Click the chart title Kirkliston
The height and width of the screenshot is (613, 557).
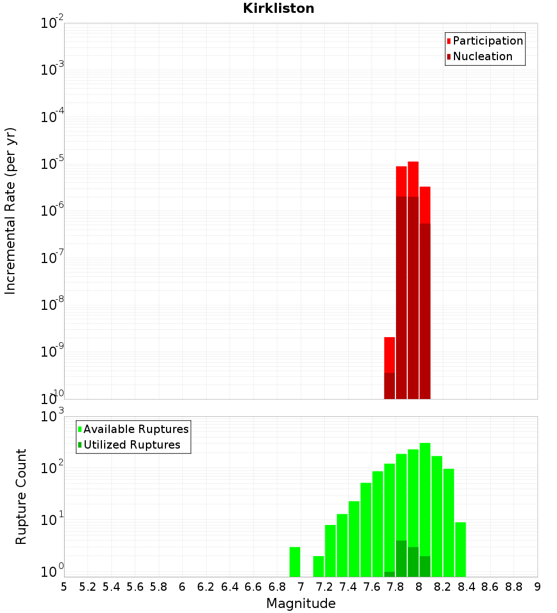pyautogui.click(x=278, y=9)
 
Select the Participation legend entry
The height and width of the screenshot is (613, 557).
pyautogui.click(x=488, y=41)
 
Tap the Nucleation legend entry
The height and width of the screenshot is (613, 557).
pyautogui.click(x=482, y=57)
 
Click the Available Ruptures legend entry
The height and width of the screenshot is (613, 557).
pyautogui.click(x=136, y=430)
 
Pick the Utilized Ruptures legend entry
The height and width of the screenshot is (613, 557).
pyautogui.click(x=131, y=445)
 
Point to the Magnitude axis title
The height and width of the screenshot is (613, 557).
pyautogui.click(x=301, y=604)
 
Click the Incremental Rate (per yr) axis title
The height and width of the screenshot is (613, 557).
pyautogui.click(x=11, y=211)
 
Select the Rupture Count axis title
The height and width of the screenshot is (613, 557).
pyautogui.click(x=21, y=497)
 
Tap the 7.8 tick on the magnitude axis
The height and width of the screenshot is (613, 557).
pyautogui.click(x=395, y=587)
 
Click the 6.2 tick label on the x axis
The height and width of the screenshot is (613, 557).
pyautogui.click(x=206, y=587)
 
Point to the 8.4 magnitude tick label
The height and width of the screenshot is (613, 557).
pyautogui.click(x=467, y=587)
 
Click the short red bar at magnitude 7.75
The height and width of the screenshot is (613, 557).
pyautogui.click(x=389, y=354)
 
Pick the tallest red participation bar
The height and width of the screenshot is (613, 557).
pyautogui.click(x=413, y=178)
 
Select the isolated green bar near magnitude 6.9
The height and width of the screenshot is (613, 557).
pyautogui.click(x=295, y=562)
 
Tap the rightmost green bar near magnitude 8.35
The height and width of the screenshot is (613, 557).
pyautogui.click(x=461, y=549)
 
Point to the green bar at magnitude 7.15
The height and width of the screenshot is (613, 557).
pyautogui.click(x=319, y=566)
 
